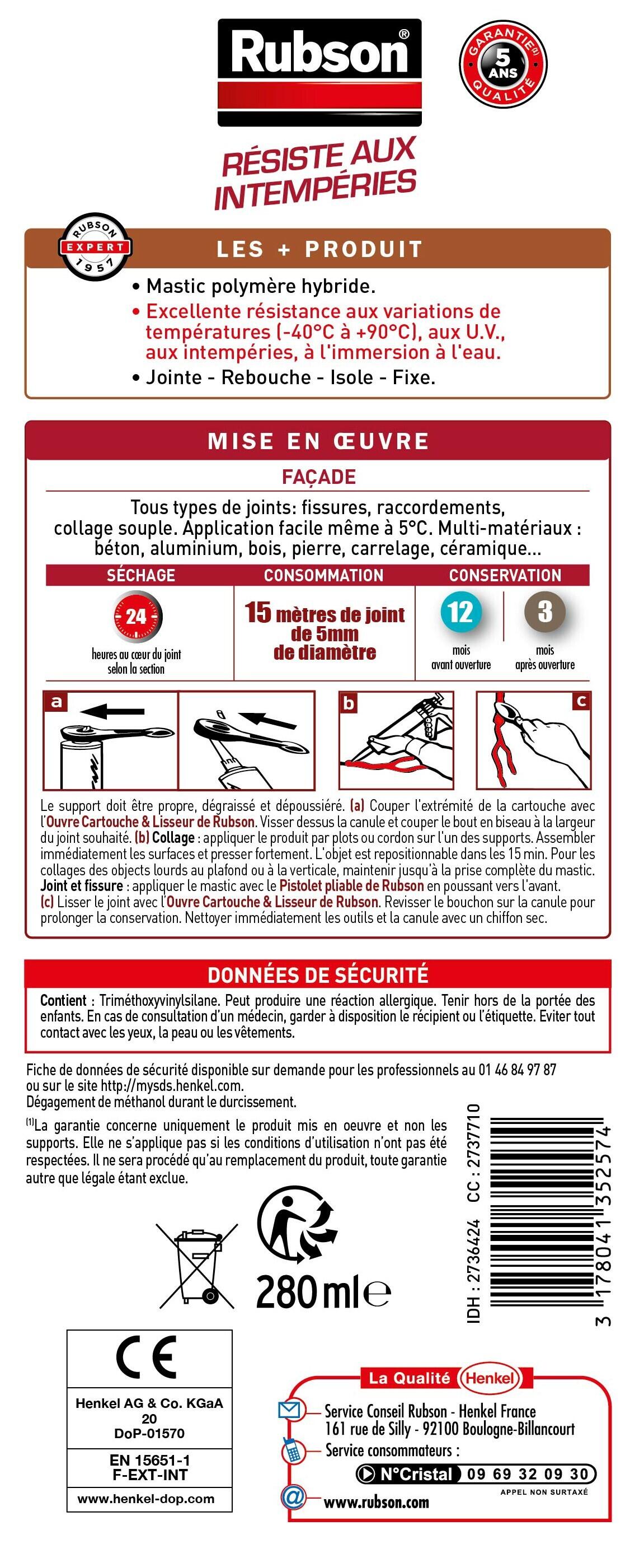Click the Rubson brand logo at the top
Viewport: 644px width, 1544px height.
coord(319,72)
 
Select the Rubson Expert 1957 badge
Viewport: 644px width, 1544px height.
coord(95,246)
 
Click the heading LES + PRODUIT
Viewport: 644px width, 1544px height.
coord(319,249)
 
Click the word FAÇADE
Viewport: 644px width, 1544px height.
coord(319,477)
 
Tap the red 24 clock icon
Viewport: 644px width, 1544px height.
coord(137,616)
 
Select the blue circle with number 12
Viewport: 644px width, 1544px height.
coord(460,612)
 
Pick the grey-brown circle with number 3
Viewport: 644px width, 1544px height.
coord(544,612)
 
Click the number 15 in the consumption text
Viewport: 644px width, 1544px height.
coord(258,613)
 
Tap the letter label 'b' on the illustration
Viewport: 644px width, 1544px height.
coord(348,702)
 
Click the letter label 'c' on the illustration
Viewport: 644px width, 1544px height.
coord(581,701)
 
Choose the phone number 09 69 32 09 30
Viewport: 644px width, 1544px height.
coord(528,1474)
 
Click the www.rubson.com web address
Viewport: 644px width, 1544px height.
coord(376,1503)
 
